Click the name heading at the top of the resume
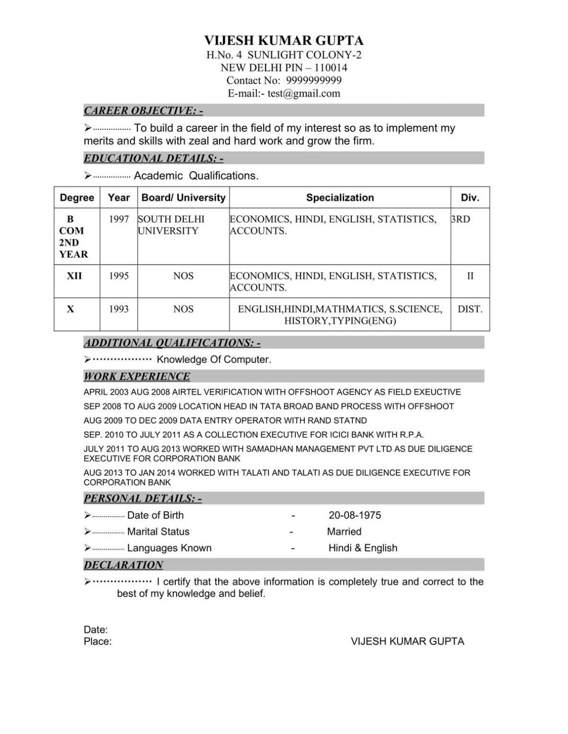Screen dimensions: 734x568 284,40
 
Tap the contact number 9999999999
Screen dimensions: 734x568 313,80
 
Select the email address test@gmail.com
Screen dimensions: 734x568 304,93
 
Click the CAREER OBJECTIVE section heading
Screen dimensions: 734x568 143,110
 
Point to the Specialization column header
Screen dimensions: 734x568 340,197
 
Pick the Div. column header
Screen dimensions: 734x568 469,197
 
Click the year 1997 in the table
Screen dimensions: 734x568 119,219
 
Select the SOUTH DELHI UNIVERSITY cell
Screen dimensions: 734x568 171,225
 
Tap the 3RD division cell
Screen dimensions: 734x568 460,219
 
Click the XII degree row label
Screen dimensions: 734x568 74,276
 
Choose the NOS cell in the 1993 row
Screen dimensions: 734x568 183,309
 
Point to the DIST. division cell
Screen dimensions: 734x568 470,309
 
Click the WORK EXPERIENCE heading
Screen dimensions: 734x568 137,376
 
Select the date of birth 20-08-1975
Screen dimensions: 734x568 355,515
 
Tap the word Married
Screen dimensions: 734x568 344,531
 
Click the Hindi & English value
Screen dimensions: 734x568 363,548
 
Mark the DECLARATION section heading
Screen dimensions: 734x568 123,565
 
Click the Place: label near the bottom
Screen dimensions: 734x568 98,641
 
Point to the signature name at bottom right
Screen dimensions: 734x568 407,641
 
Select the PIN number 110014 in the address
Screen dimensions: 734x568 331,67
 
